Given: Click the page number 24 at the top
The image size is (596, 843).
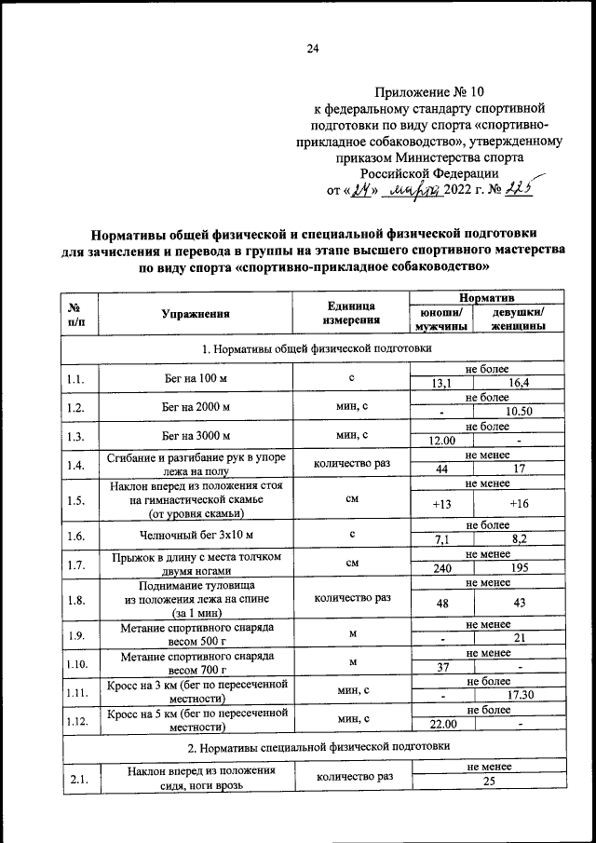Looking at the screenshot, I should click(313, 49).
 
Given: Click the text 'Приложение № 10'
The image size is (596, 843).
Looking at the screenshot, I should click(429, 92).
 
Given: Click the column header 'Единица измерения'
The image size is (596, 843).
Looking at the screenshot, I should click(350, 314).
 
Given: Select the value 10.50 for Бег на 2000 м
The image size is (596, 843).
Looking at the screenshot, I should click(519, 413).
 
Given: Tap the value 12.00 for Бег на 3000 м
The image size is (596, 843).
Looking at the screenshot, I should click(441, 441).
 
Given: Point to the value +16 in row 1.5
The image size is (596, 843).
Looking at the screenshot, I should click(519, 505).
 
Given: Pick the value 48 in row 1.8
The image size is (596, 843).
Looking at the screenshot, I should click(441, 604).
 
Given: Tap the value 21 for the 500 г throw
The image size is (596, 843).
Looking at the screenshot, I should click(519, 638).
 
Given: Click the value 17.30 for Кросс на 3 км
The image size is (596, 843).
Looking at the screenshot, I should click(519, 695).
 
